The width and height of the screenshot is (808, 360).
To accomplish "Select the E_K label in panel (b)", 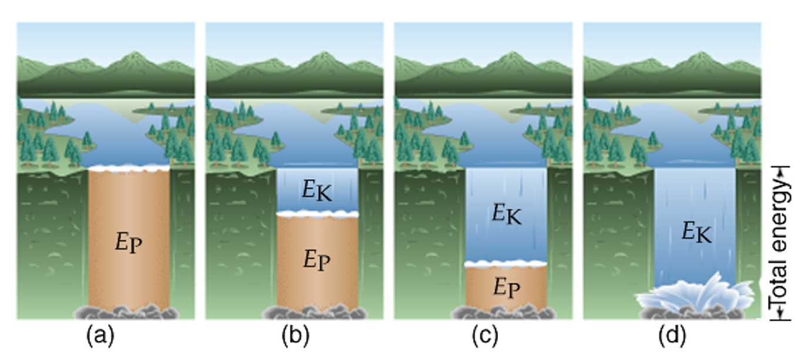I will point(317,191).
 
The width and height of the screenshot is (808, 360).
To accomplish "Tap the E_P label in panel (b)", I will point(318,259).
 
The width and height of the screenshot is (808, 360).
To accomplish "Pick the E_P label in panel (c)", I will point(506,287).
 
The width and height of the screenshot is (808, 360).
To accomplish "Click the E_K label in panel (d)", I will point(696,233).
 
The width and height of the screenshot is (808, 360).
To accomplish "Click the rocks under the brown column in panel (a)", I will point(128,312).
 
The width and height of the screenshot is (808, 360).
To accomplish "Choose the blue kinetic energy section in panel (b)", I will point(317,191).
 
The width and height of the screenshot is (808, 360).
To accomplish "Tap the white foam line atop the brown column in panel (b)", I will point(317,214).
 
